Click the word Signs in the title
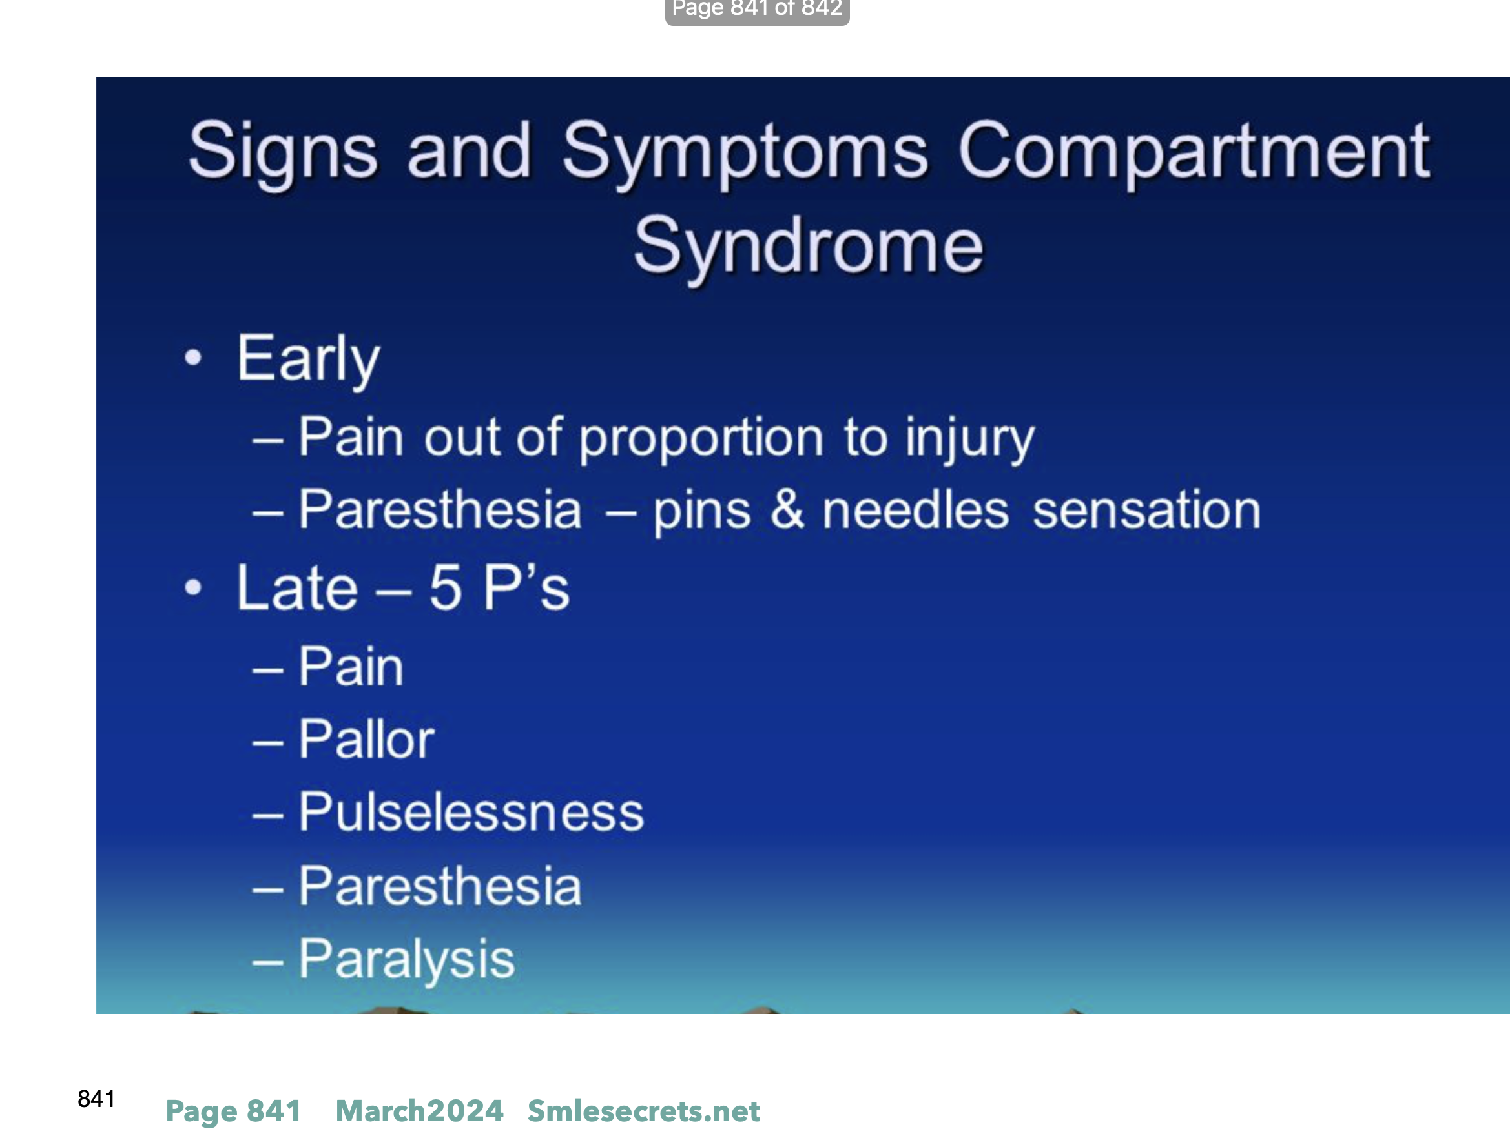click(x=283, y=154)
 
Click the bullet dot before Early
click(x=194, y=358)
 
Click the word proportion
click(x=701, y=439)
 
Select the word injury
click(x=969, y=439)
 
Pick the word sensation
click(x=1146, y=511)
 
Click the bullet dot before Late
click(x=194, y=587)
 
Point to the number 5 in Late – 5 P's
click(x=445, y=588)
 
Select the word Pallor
click(x=367, y=739)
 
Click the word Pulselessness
click(x=471, y=812)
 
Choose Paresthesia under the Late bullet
click(x=440, y=886)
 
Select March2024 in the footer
click(x=419, y=1111)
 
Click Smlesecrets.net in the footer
click(x=644, y=1111)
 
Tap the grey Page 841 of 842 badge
click(x=757, y=11)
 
